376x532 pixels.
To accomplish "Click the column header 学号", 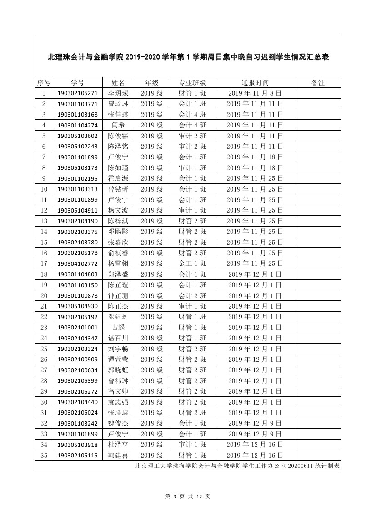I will (x=77, y=82).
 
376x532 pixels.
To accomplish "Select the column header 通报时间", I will (x=255, y=82).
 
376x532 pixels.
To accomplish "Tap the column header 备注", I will (x=318, y=82).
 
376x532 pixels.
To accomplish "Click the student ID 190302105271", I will (x=77, y=93).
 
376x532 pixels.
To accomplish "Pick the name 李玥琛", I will (x=118, y=93).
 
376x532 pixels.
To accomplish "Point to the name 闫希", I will (x=118, y=125).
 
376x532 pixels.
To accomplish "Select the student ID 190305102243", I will (x=77, y=147).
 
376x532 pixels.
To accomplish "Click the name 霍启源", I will (x=118, y=178).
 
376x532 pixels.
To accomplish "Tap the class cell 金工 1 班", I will (x=192, y=263).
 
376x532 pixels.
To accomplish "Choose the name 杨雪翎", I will (x=118, y=263).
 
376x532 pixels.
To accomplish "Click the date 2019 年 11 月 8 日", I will (x=255, y=93).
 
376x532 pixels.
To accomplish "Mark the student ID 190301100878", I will (x=77, y=296).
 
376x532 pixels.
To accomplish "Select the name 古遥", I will (x=118, y=328).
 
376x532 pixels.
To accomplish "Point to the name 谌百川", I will (x=118, y=338).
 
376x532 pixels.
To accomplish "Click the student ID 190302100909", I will (x=77, y=360).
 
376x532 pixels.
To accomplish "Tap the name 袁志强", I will (x=118, y=402).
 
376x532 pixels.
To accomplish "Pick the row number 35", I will (x=44, y=456).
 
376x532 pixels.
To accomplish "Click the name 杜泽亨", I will (x=118, y=445).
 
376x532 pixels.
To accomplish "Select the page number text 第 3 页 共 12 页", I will (x=188, y=497).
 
